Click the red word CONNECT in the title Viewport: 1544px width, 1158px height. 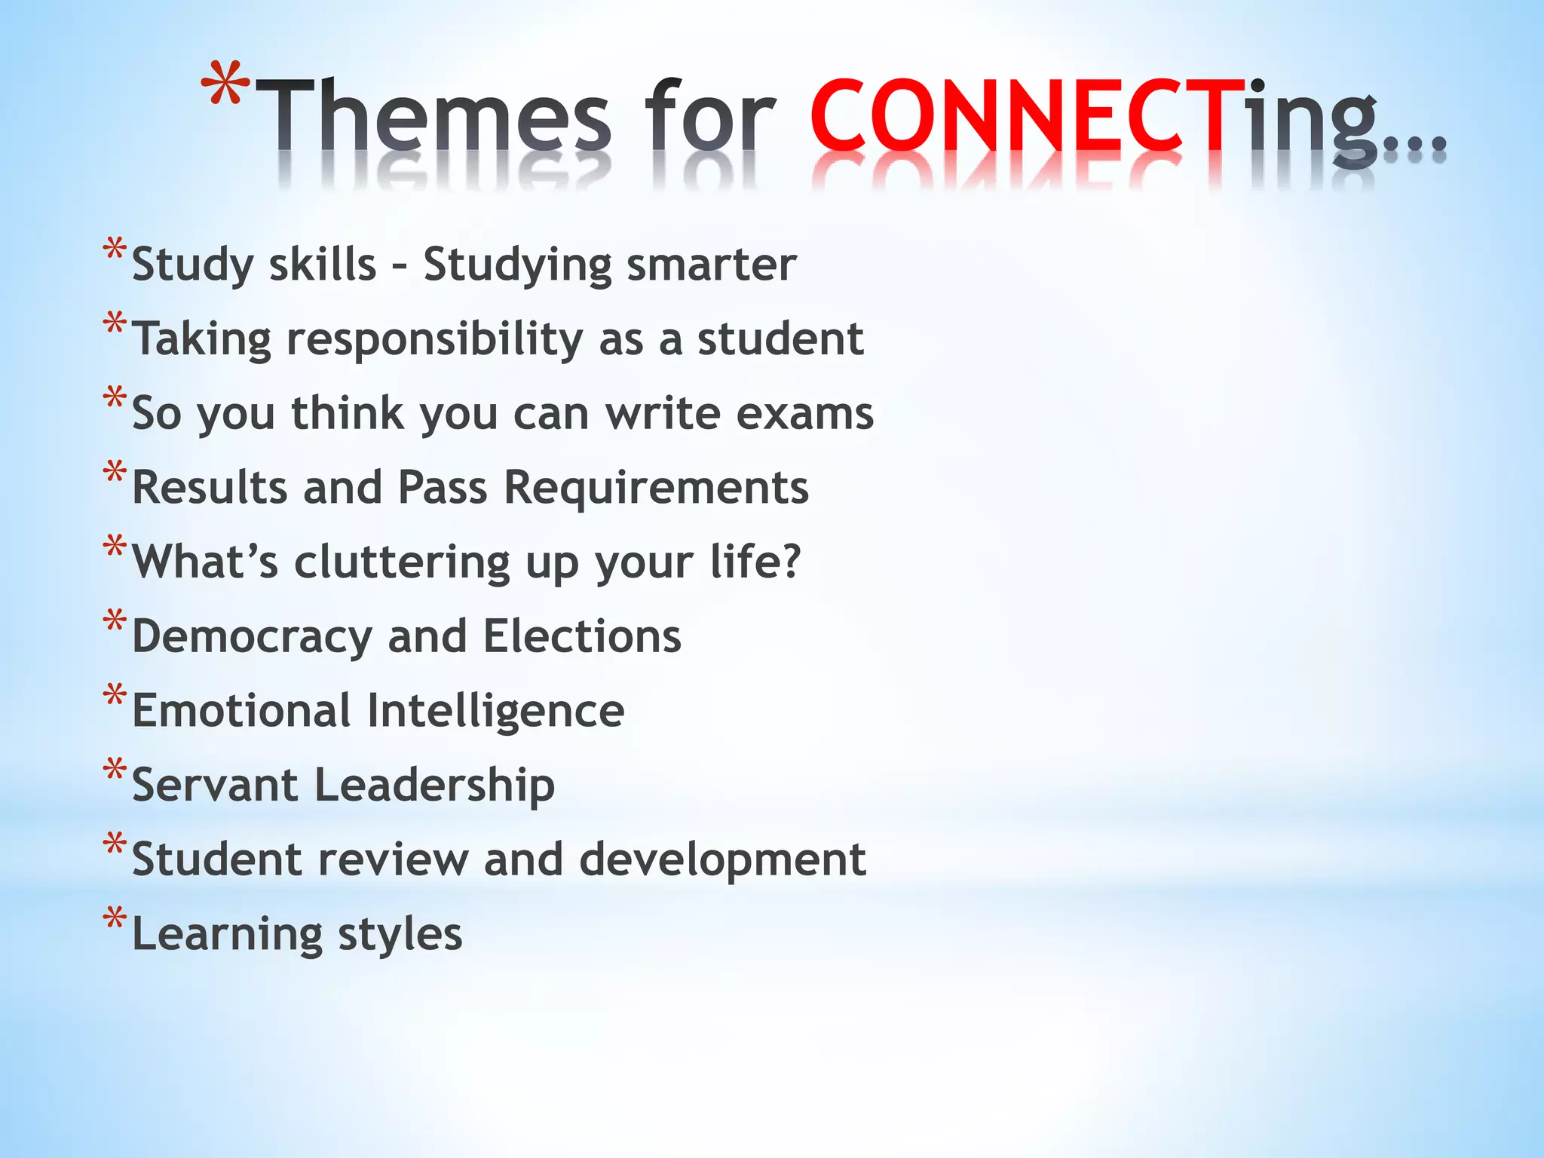click(1017, 117)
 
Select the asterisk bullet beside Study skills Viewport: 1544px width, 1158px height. click(115, 250)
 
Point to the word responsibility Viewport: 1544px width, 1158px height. click(435, 339)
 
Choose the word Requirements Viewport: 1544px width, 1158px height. click(656, 487)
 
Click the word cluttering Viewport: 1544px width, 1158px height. click(402, 562)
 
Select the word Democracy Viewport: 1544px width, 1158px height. click(252, 637)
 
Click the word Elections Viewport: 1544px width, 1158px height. click(582, 636)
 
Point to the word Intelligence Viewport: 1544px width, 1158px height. click(495, 711)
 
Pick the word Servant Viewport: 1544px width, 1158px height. click(215, 785)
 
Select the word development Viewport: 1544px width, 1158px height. click(722, 859)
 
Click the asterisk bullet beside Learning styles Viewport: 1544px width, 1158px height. click(115, 919)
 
